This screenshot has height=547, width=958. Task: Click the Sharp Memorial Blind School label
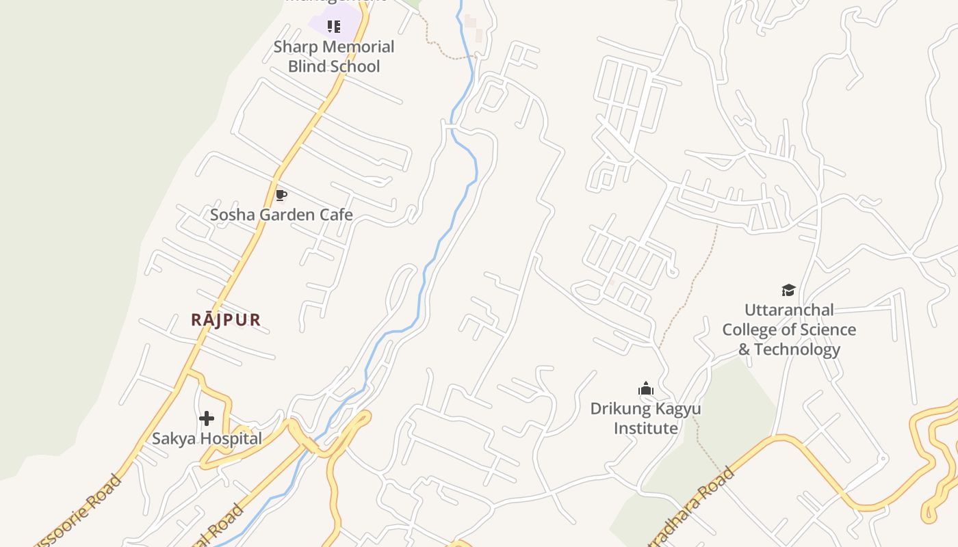pos(334,57)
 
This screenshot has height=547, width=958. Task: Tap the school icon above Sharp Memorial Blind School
pos(334,27)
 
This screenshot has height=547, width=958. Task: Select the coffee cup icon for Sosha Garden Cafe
pos(281,196)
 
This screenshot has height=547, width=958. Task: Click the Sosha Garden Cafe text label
pos(281,215)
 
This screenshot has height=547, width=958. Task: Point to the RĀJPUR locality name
pos(226,319)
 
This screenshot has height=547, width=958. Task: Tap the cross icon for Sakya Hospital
pos(207,418)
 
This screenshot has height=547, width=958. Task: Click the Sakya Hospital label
pos(207,439)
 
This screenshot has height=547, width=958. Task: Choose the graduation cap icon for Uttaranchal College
pos(789,290)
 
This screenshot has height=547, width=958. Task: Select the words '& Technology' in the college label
pos(789,349)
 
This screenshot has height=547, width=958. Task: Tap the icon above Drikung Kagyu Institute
pos(646,389)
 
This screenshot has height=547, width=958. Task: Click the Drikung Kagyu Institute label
pos(646,418)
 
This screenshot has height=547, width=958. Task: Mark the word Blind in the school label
pos(306,66)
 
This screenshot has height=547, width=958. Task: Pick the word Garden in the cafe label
pos(281,215)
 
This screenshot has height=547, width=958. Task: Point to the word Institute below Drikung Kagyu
pos(646,429)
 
